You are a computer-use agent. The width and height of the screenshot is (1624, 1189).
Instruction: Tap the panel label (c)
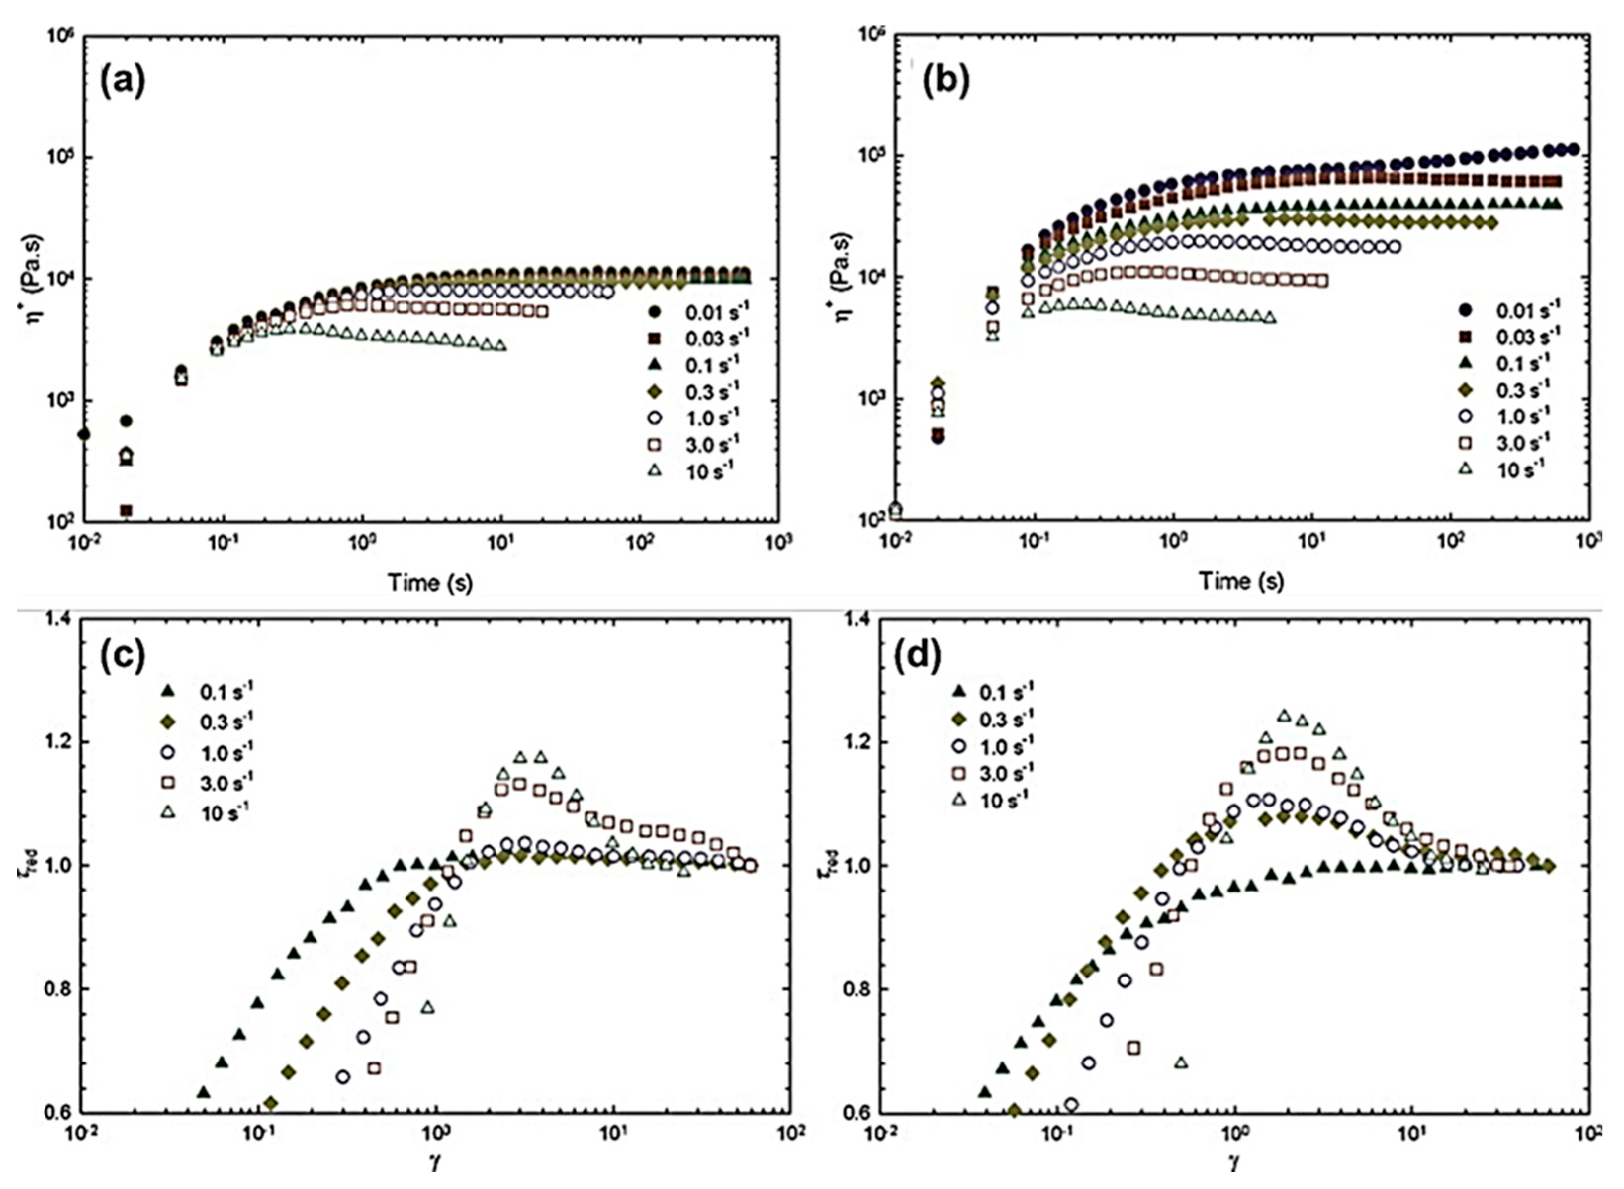(123, 656)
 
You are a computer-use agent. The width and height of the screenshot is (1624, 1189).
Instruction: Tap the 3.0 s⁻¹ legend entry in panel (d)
(990, 772)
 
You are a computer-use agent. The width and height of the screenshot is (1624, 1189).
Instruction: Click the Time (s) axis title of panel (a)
(430, 582)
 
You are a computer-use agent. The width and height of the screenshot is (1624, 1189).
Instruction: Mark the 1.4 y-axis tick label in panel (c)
(58, 619)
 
